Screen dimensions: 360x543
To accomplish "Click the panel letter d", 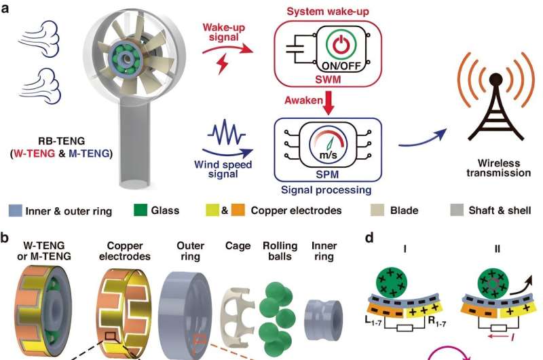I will [x=369, y=239].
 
